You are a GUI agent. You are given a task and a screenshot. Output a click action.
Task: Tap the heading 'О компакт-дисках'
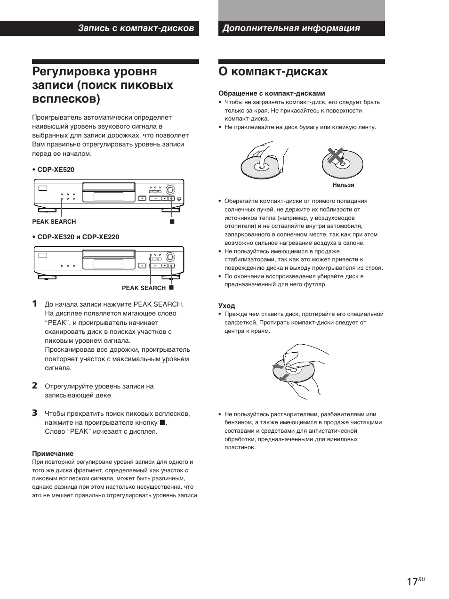(273, 72)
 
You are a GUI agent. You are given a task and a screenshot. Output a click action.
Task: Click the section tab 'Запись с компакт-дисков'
(136, 28)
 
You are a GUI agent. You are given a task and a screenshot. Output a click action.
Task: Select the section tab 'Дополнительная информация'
(291, 28)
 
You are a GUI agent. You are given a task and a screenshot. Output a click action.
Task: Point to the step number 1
(35, 304)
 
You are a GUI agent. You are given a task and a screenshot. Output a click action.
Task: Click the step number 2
(35, 386)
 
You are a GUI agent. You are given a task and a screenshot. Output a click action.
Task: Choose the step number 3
(35, 413)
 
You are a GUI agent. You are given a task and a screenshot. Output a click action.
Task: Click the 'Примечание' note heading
(53, 453)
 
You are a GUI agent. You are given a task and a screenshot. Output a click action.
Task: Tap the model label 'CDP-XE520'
(56, 170)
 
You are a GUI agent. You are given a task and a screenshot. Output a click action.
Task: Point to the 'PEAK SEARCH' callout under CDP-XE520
(54, 221)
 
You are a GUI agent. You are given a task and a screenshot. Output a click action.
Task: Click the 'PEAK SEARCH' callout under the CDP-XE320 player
(144, 288)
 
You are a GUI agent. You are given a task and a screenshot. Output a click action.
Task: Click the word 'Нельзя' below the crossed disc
(343, 185)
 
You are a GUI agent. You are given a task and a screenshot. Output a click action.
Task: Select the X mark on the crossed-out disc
(335, 155)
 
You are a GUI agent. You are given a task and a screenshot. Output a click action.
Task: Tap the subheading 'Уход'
(226, 306)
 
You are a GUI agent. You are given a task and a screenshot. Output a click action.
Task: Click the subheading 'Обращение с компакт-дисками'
(272, 93)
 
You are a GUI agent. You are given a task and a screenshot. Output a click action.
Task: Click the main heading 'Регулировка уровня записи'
(103, 85)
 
